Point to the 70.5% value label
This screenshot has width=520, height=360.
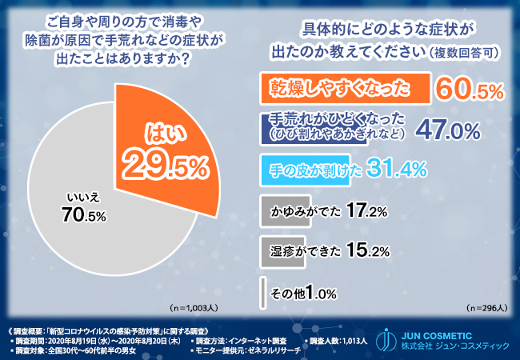[x=82, y=214]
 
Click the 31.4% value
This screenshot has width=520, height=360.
[x=398, y=170]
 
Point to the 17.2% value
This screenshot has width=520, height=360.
[x=369, y=211]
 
